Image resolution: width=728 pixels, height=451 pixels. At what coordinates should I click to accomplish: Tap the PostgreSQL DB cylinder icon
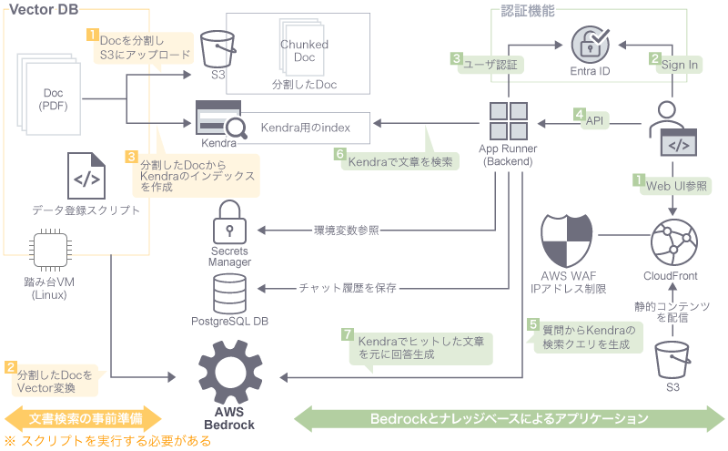[x=230, y=290]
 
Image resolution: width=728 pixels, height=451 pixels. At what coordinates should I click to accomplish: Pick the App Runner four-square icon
[x=508, y=121]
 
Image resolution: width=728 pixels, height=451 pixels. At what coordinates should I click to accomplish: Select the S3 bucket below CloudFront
[x=672, y=359]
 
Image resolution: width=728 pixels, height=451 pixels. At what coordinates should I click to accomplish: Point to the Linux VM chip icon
[x=53, y=251]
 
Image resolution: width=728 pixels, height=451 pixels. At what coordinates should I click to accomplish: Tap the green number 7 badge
[x=346, y=334]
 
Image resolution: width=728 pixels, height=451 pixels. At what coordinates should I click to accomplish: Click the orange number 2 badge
[x=10, y=368]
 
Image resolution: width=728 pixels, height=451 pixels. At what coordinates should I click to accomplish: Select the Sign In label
[x=679, y=65]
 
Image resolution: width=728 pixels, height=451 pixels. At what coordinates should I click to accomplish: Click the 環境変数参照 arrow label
[x=346, y=230]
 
